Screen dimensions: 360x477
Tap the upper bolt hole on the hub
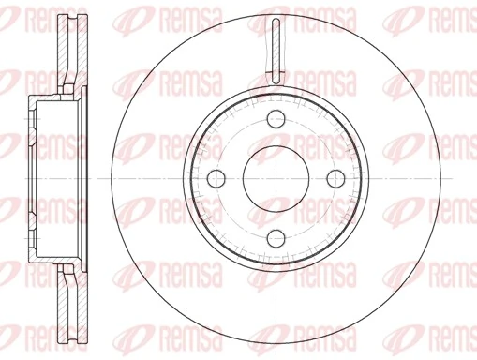click(x=276, y=119)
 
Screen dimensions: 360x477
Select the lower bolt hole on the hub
click(x=276, y=238)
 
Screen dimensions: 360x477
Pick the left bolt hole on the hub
click(x=216, y=179)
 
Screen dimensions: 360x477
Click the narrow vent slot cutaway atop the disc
click(x=276, y=47)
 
